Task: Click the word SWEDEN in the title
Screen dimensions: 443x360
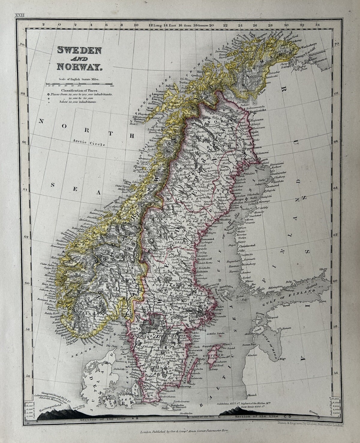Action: pyautogui.click(x=79, y=50)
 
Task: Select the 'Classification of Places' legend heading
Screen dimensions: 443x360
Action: pyautogui.click(x=79, y=90)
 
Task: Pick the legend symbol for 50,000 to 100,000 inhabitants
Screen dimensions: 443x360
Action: pyautogui.click(x=48, y=94)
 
